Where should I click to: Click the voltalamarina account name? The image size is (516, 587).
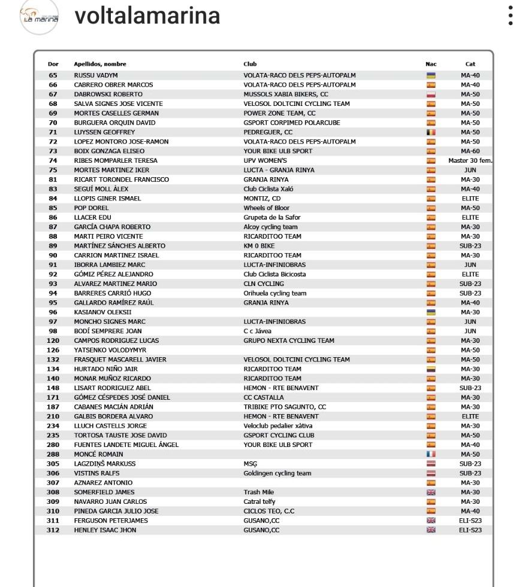click(x=147, y=16)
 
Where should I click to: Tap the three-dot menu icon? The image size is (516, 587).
click(x=510, y=16)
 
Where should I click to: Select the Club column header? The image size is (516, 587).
click(x=250, y=64)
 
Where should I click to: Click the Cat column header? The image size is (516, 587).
click(x=470, y=64)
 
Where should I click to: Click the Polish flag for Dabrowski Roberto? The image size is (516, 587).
click(x=430, y=95)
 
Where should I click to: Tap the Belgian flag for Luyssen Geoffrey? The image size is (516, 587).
click(x=430, y=132)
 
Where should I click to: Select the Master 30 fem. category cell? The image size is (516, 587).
click(x=470, y=161)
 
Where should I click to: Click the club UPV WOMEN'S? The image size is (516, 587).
click(x=265, y=161)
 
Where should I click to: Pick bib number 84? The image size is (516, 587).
click(x=53, y=199)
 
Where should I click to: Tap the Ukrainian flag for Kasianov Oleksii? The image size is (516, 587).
click(x=430, y=312)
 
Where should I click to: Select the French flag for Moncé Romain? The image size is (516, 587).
click(x=430, y=454)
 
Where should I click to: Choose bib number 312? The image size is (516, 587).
click(x=53, y=530)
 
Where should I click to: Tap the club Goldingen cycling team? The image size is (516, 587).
click(x=277, y=473)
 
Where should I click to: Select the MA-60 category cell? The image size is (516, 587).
click(x=470, y=151)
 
